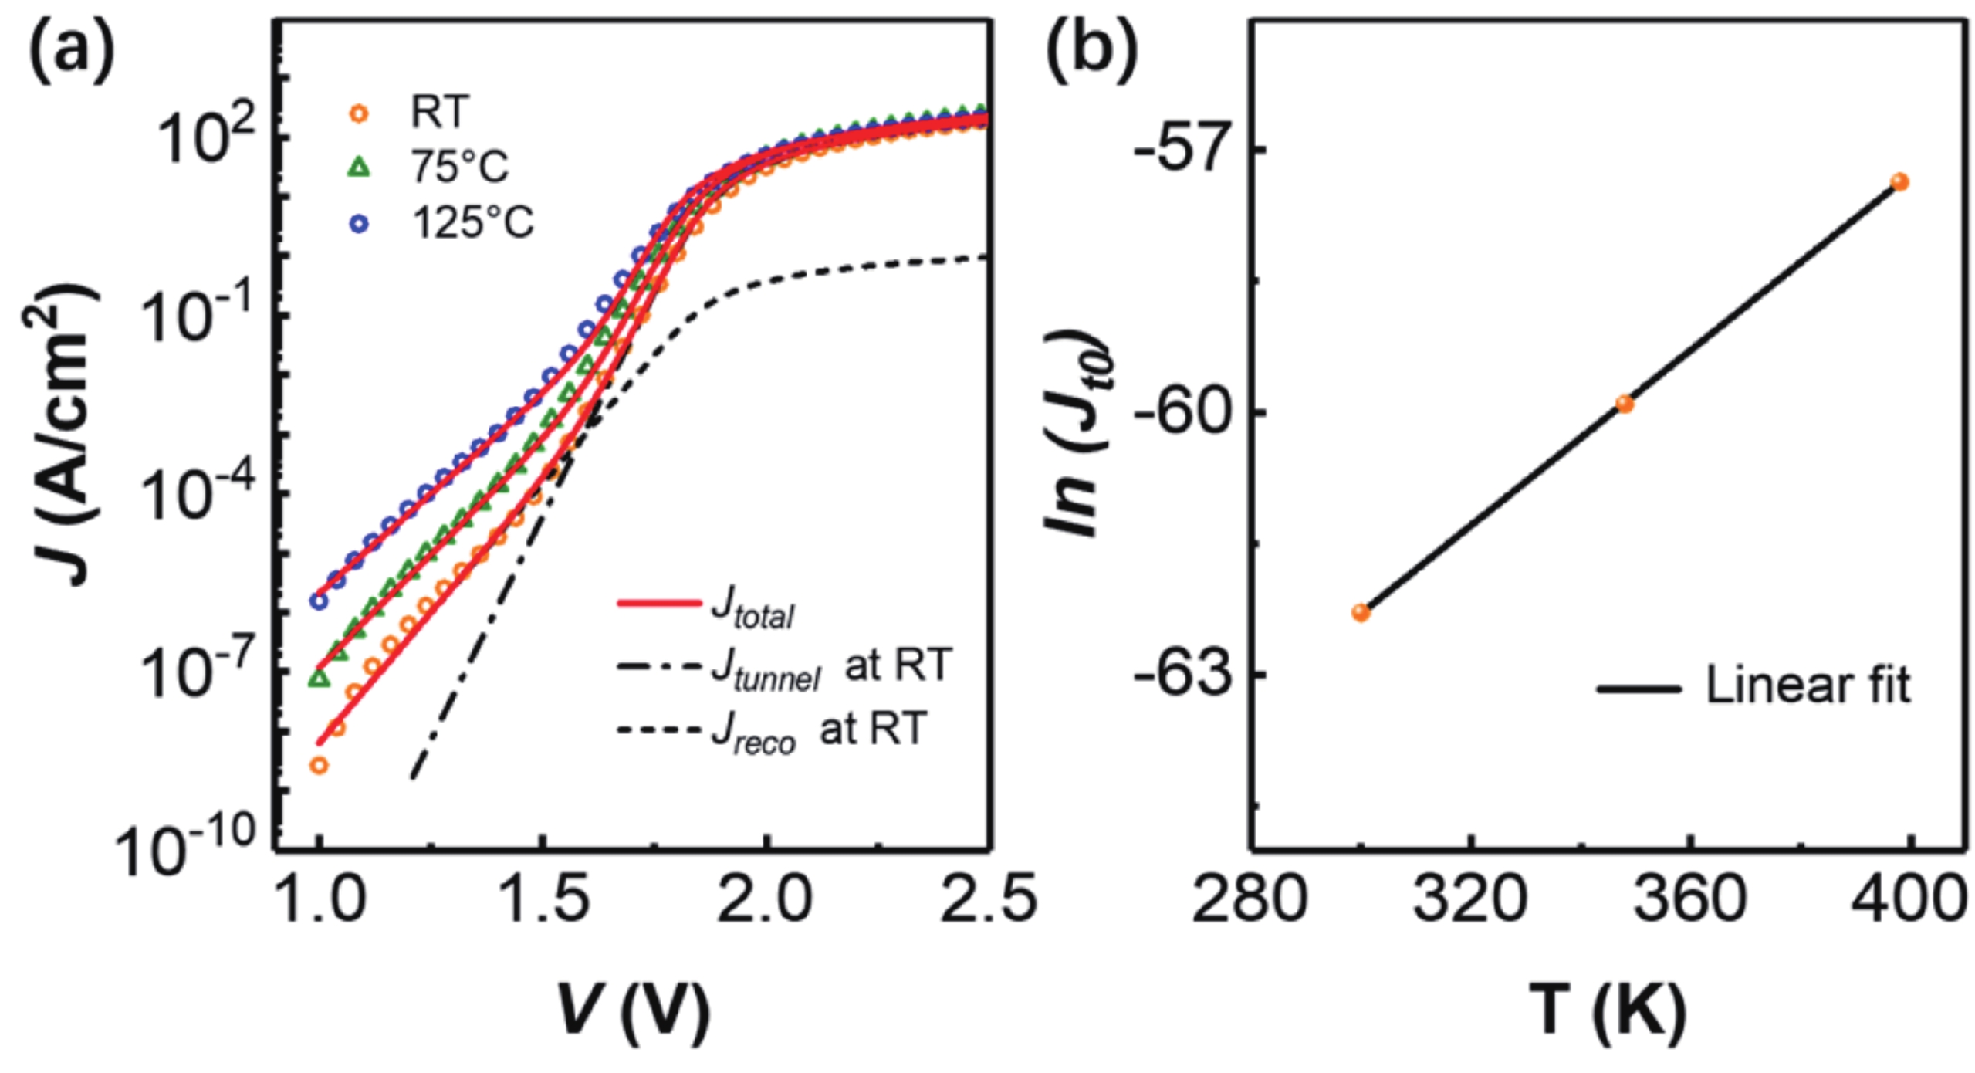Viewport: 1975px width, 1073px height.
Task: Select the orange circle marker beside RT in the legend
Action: (359, 113)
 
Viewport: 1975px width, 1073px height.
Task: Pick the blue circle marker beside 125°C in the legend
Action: (359, 224)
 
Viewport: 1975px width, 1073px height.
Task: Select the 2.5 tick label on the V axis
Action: (989, 900)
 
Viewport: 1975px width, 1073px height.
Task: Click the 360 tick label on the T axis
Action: (1689, 900)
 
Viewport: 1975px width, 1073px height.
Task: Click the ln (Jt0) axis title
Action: (1077, 432)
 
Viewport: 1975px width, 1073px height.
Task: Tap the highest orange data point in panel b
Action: (1899, 182)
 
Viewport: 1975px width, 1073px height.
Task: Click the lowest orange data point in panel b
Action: (1361, 613)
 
